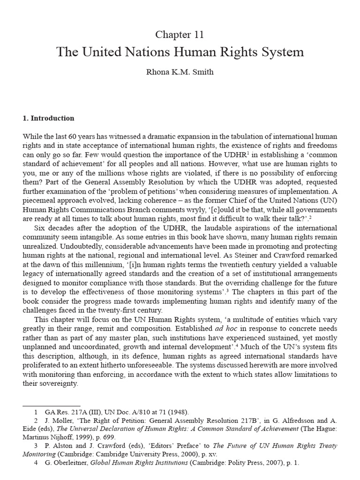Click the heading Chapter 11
180,35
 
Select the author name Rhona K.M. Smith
180,73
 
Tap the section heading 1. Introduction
48,118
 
